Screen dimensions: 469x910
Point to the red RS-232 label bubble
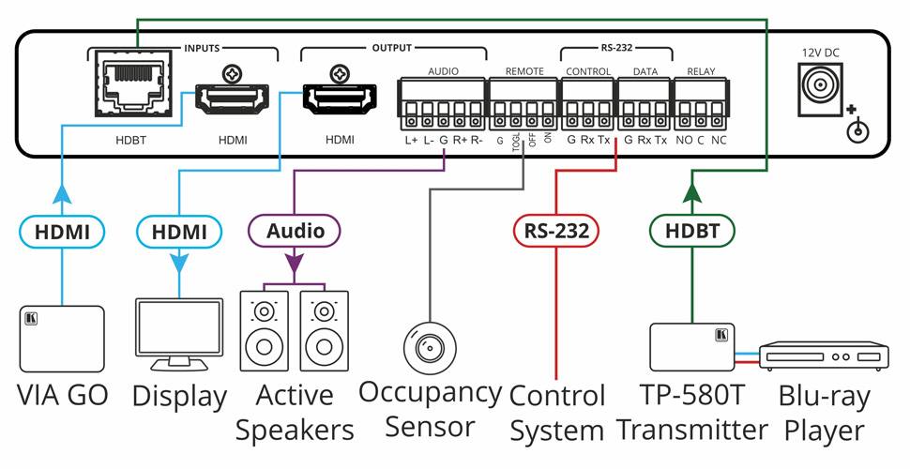pyautogui.click(x=555, y=231)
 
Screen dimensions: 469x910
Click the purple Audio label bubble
pyautogui.click(x=296, y=231)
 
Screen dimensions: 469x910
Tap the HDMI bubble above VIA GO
pyautogui.click(x=61, y=231)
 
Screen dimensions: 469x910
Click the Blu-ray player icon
pyautogui.click(x=823, y=356)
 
